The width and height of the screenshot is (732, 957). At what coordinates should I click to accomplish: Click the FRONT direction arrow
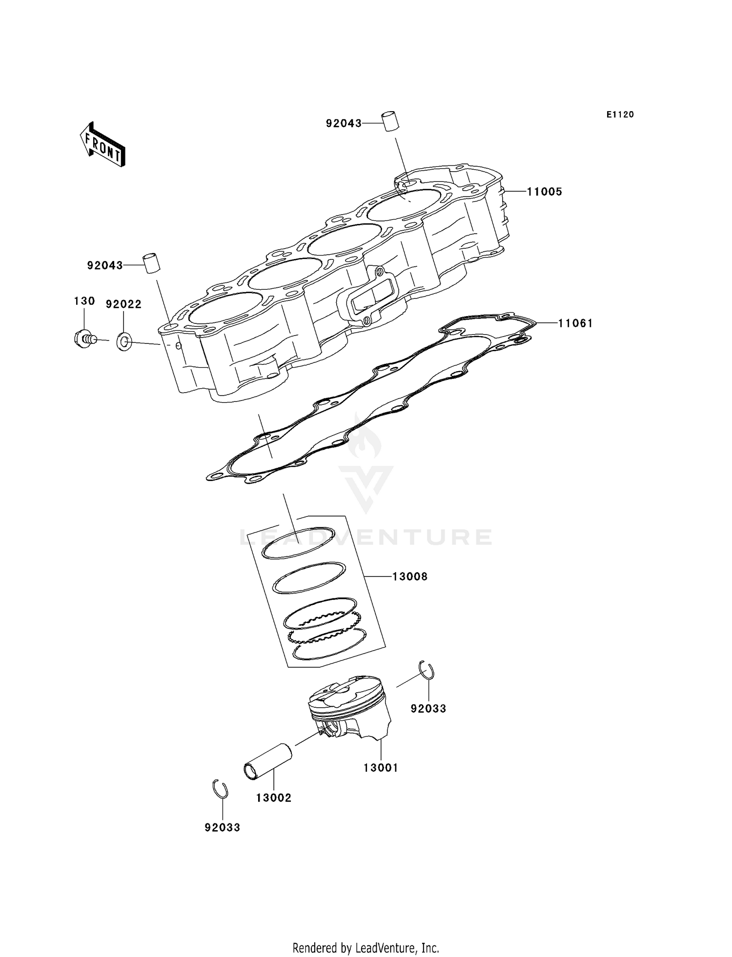coord(102,145)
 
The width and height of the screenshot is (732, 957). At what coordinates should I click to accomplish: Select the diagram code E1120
coord(620,115)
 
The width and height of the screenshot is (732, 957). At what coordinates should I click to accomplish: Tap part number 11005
coord(545,192)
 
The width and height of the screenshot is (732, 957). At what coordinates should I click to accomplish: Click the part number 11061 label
coord(575,323)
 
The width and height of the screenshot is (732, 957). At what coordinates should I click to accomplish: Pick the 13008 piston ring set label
coord(410,577)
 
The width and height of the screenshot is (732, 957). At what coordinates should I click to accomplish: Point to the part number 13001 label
coord(381,768)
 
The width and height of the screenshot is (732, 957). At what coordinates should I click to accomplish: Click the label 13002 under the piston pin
coord(274,798)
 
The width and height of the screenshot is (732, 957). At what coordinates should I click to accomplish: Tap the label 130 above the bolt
coord(84,301)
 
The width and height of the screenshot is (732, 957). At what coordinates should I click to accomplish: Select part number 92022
coord(124,304)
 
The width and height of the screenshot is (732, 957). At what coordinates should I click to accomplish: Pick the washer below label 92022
coord(124,341)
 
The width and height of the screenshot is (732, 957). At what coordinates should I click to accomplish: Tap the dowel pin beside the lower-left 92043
coord(151,264)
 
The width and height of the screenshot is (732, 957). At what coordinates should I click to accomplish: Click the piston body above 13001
coord(349,707)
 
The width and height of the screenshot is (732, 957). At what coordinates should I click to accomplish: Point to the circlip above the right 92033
coord(427,670)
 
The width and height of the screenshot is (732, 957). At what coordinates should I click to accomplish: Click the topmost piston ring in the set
coord(298,543)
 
